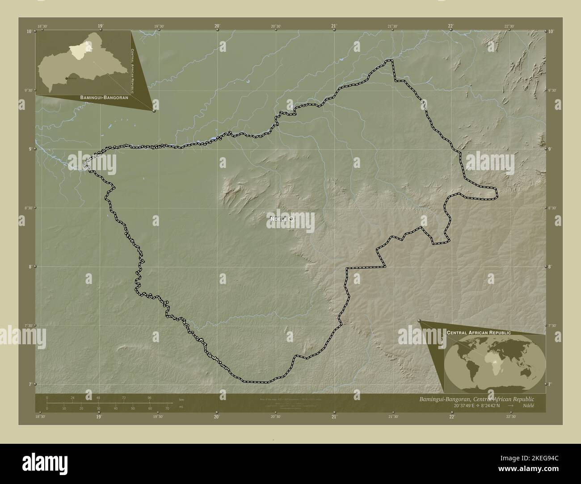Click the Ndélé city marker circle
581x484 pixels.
coord(291,219)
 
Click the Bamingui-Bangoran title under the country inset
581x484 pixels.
coord(104,97)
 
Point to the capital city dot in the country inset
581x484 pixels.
coord(67,79)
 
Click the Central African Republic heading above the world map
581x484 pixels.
coord(479,333)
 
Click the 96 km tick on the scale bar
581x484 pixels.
coord(150,397)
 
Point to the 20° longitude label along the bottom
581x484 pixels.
coord(216,417)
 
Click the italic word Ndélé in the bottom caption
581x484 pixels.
coord(527,405)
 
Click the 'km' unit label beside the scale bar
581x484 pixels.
coord(181,400)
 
